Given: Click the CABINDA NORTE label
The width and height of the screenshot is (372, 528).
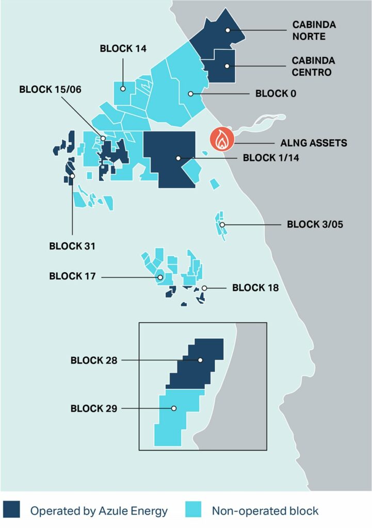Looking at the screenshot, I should click(314, 30).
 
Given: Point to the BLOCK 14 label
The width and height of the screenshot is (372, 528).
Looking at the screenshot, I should click(123, 49).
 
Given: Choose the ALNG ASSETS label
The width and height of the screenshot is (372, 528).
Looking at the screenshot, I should click(314, 143).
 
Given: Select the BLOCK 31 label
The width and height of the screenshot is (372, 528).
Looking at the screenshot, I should click(72, 246).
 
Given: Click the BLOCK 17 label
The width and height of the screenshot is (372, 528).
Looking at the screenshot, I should click(72, 276).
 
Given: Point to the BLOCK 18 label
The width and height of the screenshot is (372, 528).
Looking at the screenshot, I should click(255, 288).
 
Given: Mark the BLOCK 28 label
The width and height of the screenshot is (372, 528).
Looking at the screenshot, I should click(93, 360).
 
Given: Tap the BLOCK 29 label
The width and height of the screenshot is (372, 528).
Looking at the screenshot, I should click(93, 409).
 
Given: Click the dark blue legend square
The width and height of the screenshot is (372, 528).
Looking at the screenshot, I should click(13, 510).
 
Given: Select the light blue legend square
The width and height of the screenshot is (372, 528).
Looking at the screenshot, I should click(194, 510).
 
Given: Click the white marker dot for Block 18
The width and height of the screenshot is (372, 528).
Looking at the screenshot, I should click(204, 288).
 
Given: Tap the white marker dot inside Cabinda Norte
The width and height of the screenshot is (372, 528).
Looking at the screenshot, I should click(228, 30).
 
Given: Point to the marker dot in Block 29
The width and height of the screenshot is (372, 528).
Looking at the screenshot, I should click(174, 408).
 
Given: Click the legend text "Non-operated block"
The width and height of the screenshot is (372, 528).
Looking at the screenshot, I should click(265, 511).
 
